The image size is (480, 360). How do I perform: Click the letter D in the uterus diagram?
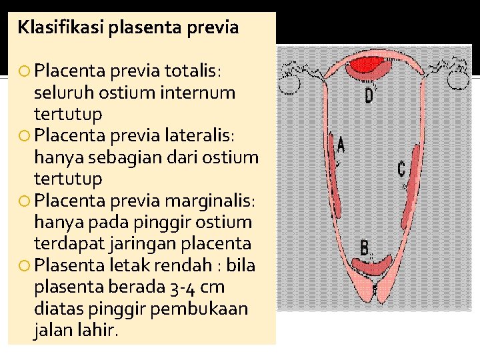click(369, 96)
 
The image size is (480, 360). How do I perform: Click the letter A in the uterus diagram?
click(341, 144)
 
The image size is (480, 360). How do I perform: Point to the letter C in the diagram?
click(401, 169)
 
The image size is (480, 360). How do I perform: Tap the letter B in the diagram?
click(365, 248)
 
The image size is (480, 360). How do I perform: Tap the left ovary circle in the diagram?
click(291, 79)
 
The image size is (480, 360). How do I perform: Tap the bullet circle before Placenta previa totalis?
click(25, 71)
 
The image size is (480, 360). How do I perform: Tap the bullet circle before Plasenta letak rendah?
click(25, 266)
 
